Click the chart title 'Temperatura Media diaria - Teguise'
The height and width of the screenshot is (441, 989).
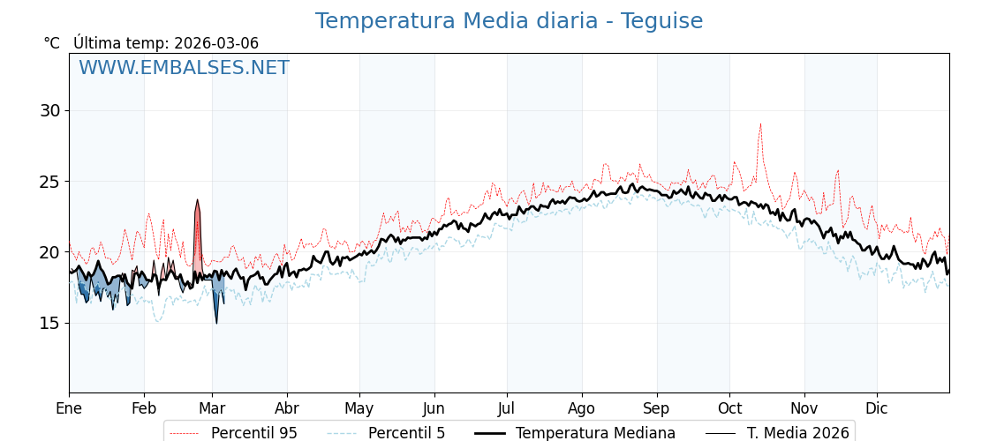point(509,21)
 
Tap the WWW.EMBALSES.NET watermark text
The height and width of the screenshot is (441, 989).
point(184,68)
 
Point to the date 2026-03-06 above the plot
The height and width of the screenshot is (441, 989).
point(216,43)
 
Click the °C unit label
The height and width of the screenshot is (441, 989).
point(52,43)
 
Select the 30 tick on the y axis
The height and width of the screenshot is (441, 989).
point(49,111)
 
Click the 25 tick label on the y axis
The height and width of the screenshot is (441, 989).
point(49,182)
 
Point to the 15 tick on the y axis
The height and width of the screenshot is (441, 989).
point(49,323)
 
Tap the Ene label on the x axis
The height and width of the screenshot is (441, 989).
point(69,408)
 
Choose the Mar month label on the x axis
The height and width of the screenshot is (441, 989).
point(212,408)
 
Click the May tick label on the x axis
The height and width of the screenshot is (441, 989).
point(359,408)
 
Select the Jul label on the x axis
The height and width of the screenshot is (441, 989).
point(507,408)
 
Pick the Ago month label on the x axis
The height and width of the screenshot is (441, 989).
point(582,408)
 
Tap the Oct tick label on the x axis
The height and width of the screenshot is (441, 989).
point(729,408)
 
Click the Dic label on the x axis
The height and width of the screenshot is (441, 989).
point(877,408)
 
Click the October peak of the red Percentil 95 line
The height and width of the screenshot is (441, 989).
point(759,124)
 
